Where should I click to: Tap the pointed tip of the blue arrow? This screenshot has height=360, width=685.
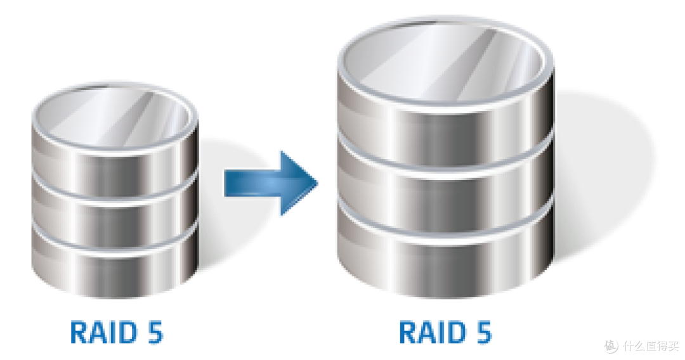(318, 183)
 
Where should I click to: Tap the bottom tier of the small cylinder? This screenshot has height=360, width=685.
(114, 268)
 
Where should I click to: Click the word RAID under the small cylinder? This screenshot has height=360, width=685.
(103, 333)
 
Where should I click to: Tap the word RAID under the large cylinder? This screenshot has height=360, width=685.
(433, 333)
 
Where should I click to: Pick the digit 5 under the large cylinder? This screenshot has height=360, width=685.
(483, 333)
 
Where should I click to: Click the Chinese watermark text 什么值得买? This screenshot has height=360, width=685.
(651, 346)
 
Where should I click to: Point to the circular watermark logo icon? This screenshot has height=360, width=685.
(611, 345)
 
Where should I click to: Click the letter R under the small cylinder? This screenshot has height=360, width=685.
(79, 333)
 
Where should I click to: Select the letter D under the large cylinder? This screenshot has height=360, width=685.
(456, 333)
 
